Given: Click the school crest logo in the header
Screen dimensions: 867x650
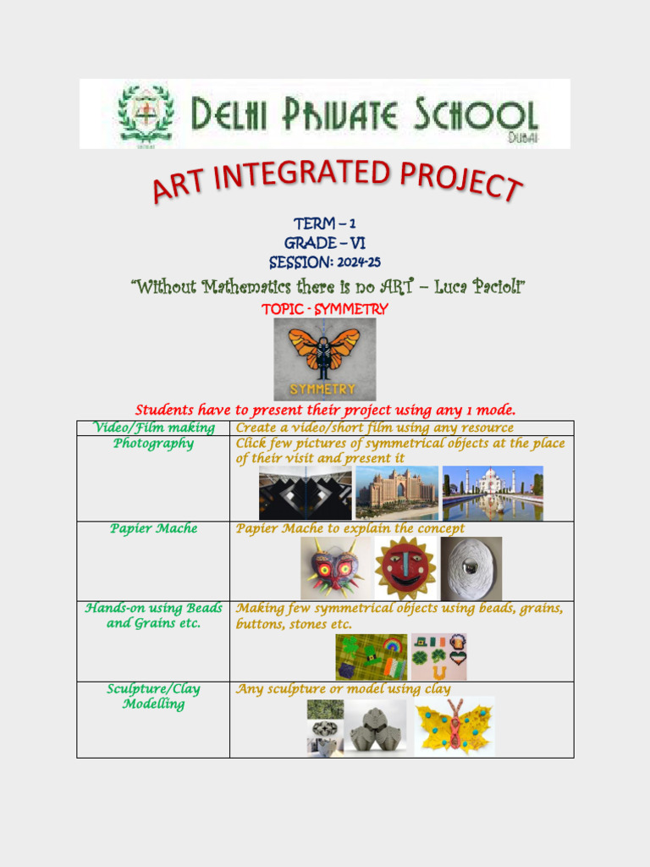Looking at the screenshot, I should coord(146,114).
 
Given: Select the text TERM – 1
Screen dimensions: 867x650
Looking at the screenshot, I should coord(324,224).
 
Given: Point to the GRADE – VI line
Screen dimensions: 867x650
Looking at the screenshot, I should coord(324,243).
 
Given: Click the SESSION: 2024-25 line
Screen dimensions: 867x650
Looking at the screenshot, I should coord(324,262).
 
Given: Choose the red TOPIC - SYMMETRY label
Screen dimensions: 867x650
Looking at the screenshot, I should coord(325,309).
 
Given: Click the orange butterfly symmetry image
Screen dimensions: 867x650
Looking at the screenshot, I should coord(324,359).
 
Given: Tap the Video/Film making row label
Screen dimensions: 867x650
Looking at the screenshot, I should coord(153,428).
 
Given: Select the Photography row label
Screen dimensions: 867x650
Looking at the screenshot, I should coord(153,444).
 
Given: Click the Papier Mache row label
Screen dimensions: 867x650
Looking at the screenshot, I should coord(153,528).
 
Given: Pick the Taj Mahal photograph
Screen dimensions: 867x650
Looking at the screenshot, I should coord(493,493).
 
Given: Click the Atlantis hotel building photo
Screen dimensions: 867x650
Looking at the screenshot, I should coord(397,493).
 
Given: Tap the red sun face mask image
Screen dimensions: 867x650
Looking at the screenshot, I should coord(405,568).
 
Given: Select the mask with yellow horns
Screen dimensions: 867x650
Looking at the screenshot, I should coord(336,568).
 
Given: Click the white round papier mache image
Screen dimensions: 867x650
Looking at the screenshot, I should coord(471,568).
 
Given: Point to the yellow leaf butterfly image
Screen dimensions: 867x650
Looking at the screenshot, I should coord(454,726).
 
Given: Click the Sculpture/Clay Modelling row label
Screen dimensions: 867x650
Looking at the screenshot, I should coord(153,696).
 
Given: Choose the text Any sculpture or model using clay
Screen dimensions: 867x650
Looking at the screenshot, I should coord(343,689).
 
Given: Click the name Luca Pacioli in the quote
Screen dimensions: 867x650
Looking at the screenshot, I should coord(480,288).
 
